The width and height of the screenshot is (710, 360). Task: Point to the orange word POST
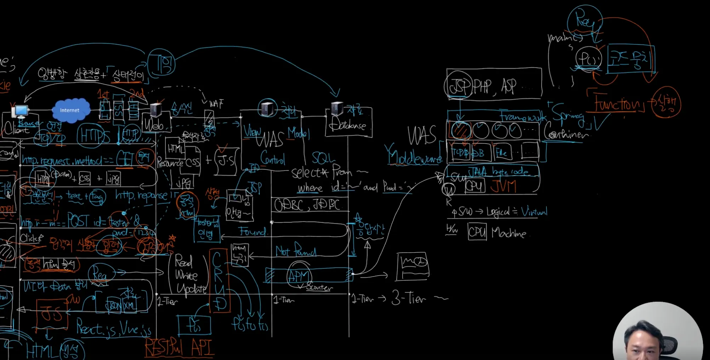coord(78,221)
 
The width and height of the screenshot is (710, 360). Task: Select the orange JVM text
coord(504,186)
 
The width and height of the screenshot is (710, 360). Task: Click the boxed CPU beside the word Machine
coord(477,232)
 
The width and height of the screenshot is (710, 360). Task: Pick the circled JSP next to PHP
coord(458,86)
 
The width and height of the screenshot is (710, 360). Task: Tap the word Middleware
coord(415,156)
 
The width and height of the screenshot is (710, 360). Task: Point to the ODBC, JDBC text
coord(307,205)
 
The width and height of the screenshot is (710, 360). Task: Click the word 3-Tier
coord(409,298)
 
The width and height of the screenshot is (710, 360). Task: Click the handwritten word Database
coord(347,125)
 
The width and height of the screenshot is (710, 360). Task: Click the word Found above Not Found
coord(252,232)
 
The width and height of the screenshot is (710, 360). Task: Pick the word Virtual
coord(534,212)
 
